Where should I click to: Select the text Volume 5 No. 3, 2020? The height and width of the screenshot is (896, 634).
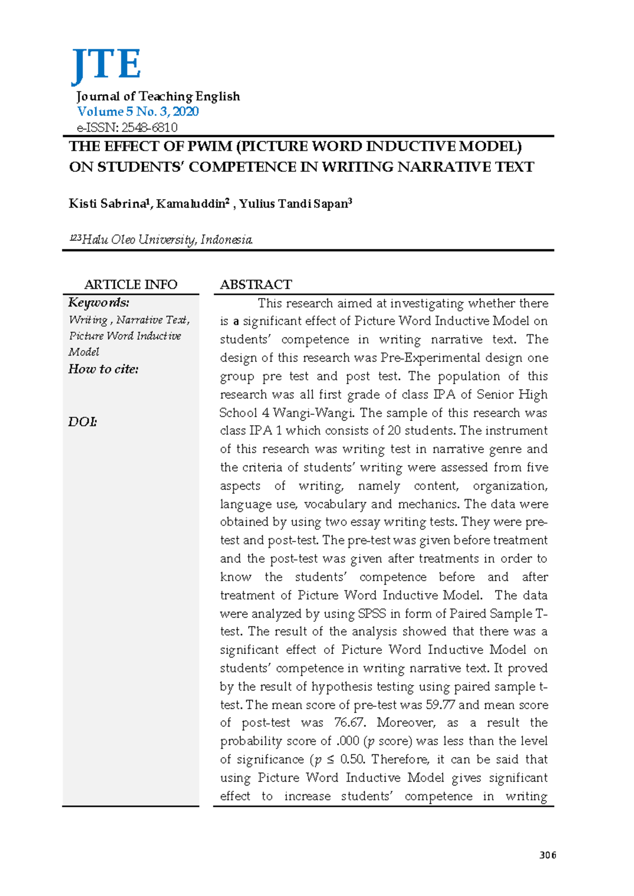[x=138, y=111]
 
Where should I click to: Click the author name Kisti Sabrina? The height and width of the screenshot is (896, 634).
[x=107, y=204]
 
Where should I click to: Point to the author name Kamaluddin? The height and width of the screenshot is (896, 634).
[x=190, y=204]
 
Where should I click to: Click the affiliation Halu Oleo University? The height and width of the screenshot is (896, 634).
[x=139, y=240]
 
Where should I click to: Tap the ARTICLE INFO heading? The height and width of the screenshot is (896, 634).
[x=130, y=285]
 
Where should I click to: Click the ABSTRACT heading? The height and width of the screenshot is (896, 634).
[x=256, y=285]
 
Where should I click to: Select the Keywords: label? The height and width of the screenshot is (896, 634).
[x=99, y=303]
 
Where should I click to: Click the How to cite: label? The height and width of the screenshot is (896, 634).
[x=104, y=369]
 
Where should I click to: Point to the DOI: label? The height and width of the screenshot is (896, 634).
[x=82, y=422]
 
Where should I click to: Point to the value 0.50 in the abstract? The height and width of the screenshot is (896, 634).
[x=352, y=760]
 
